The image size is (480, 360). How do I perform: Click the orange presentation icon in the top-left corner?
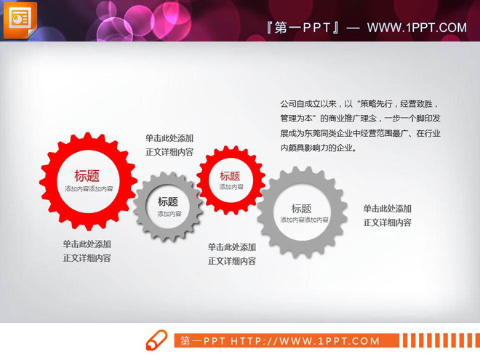coord(19,19)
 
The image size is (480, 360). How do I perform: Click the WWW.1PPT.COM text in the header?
coord(416,28)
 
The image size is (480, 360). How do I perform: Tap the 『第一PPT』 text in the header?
coord(304,28)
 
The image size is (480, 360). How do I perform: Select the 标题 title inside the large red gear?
coord(87,175)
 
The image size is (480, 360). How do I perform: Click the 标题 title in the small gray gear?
coord(168,201)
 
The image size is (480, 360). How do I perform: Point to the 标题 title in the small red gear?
coord(230,175)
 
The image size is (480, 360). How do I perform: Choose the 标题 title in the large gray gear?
coord(302,208)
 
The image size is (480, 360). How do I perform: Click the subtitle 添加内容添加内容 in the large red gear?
coord(88,188)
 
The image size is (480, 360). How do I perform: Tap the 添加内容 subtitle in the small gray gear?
coord(169,214)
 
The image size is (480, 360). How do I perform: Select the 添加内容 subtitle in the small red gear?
coord(231,187)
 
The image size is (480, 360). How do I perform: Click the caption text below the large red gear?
coord(87,251)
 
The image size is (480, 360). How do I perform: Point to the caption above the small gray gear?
coord(169,145)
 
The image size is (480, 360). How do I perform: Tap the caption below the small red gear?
coord(232,254)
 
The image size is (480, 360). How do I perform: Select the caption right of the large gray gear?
coord(388,215)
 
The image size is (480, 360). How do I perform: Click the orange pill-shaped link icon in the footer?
coord(156,340)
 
